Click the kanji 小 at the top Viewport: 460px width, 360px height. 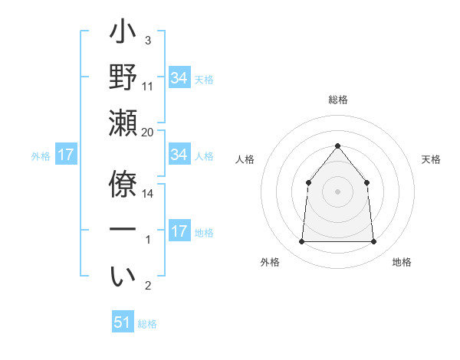click(123, 35)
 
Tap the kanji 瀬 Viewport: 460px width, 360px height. click(123, 122)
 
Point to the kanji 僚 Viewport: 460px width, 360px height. click(123, 185)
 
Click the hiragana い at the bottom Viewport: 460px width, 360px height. click(123, 277)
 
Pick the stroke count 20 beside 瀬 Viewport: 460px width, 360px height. click(147, 133)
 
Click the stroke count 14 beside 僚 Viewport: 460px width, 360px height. click(148, 194)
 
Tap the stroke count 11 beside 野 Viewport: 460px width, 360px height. click(148, 87)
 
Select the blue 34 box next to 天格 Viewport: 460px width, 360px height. click(179, 78)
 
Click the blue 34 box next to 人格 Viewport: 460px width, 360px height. click(179, 155)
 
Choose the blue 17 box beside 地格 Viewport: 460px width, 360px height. click(179, 231)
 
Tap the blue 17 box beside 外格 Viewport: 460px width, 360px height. click(66, 155)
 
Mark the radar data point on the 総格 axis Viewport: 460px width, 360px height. click(337, 146)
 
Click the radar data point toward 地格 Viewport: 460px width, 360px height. click(373, 242)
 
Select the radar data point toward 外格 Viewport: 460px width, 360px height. click(301, 242)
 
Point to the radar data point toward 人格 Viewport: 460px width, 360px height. click(308, 182)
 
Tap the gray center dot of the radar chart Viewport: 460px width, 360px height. click(337, 191)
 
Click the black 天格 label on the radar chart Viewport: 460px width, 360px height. click(431, 160)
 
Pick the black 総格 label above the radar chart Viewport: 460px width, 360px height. click(337, 100)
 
